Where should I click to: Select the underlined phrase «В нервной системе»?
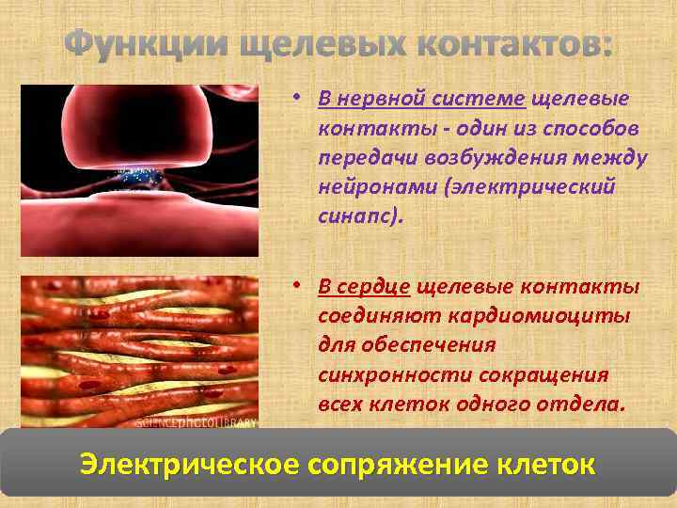pyautogui.click(x=423, y=99)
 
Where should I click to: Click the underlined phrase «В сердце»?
pyautogui.click(x=364, y=286)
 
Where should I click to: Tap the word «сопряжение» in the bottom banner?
pyautogui.click(x=418, y=464)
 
